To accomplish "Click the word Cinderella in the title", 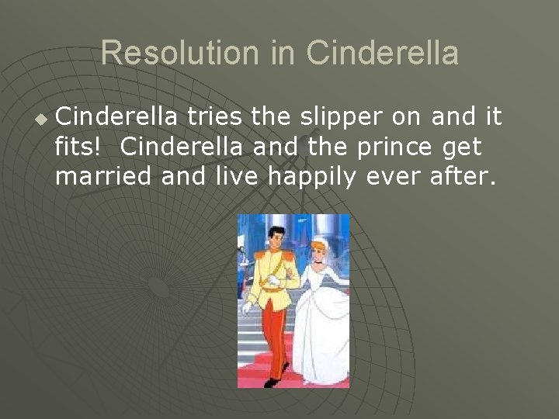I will (x=382, y=54).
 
